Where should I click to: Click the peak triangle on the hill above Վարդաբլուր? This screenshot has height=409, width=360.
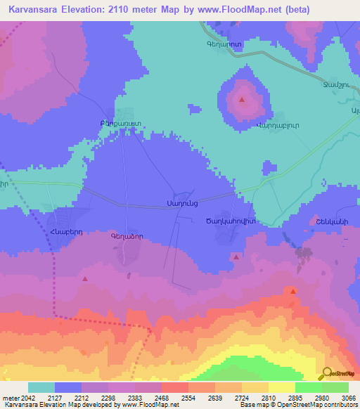243,100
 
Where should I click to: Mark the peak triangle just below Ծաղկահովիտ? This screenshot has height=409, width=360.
236,258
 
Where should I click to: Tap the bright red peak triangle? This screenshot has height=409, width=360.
292,290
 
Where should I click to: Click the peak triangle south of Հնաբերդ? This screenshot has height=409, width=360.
85,279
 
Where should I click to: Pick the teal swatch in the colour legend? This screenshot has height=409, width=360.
41,387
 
